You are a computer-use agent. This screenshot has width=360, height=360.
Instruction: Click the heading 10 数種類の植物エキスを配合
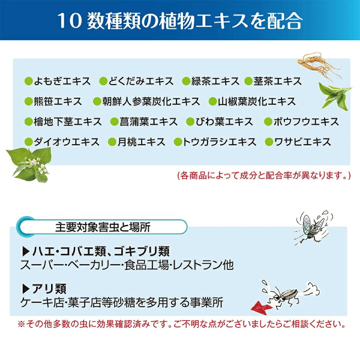pyautogui.click(x=179, y=20)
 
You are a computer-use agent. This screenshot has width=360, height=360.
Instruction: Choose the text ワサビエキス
pyautogui.click(x=301, y=142)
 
